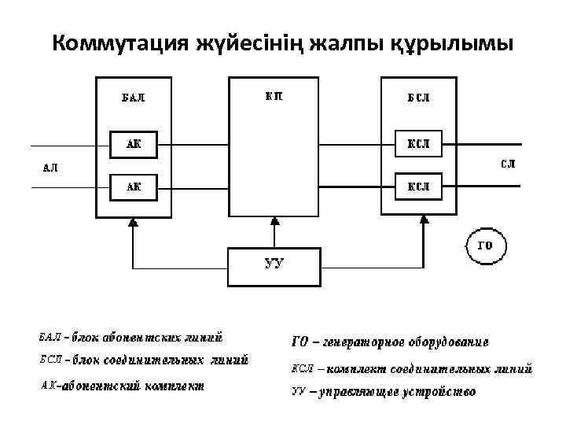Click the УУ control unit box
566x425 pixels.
274,266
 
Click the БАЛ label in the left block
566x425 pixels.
132,98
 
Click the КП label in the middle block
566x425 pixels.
274,97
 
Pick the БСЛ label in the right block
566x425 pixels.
417,98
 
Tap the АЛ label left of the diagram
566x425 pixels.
49,167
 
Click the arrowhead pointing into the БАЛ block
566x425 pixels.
133,223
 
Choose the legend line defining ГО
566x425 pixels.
390,342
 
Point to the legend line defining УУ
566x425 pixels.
383,391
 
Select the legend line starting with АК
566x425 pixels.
122,386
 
